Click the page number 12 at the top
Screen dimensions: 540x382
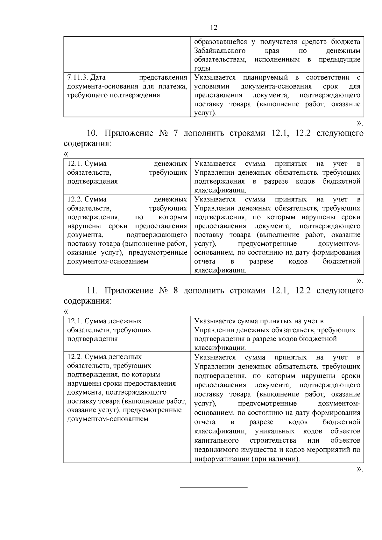(x=214, y=28)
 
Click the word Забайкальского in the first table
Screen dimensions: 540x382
(x=220, y=51)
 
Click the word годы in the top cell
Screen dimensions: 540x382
(x=202, y=68)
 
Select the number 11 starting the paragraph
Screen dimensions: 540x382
(x=92, y=291)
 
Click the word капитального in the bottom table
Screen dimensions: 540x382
(x=216, y=440)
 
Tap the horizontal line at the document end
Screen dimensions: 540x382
(x=214, y=487)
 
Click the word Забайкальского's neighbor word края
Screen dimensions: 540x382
(x=272, y=51)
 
